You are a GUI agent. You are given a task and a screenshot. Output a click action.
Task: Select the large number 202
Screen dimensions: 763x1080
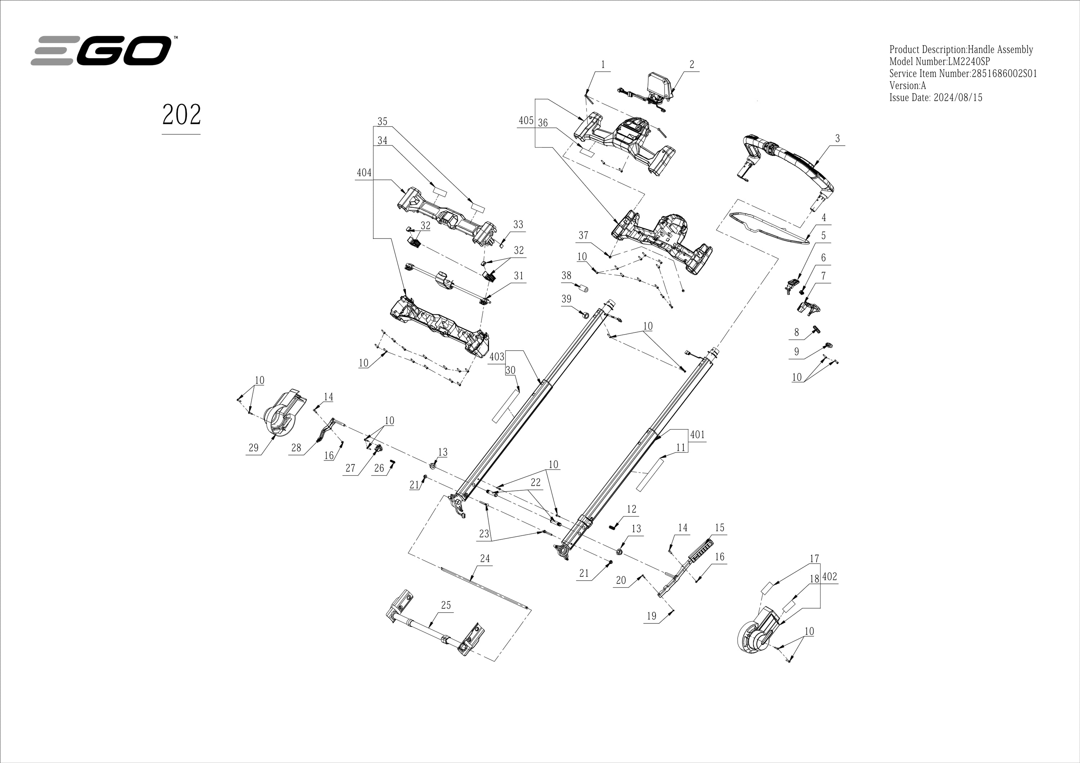point(181,115)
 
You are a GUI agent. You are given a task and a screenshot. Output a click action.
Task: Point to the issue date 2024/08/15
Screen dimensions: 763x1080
point(957,98)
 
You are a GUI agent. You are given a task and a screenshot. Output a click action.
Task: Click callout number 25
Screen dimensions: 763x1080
point(445,605)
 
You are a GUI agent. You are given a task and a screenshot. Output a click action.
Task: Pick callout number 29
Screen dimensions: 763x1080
point(253,448)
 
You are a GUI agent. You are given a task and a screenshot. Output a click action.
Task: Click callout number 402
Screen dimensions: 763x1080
point(830,576)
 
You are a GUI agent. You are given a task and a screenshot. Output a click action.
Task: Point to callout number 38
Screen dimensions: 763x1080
point(566,276)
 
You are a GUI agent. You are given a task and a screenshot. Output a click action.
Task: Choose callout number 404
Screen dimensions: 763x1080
point(364,173)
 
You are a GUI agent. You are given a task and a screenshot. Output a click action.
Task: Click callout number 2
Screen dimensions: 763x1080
point(692,64)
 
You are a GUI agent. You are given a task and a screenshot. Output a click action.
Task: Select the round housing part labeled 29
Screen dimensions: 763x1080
point(282,414)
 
